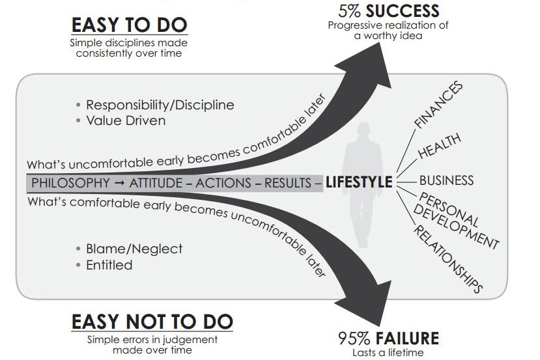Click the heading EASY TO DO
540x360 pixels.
129,25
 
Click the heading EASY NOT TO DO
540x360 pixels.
151,322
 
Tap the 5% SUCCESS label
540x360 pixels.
389,11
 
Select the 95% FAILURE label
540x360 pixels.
388,338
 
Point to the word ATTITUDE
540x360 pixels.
156,182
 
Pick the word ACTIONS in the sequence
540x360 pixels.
223,182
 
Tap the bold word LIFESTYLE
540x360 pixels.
359,182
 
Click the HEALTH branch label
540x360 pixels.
439,146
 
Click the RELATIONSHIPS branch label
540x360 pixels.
448,256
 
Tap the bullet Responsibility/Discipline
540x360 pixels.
160,105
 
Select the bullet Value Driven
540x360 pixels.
126,120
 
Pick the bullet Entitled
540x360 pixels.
109,265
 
